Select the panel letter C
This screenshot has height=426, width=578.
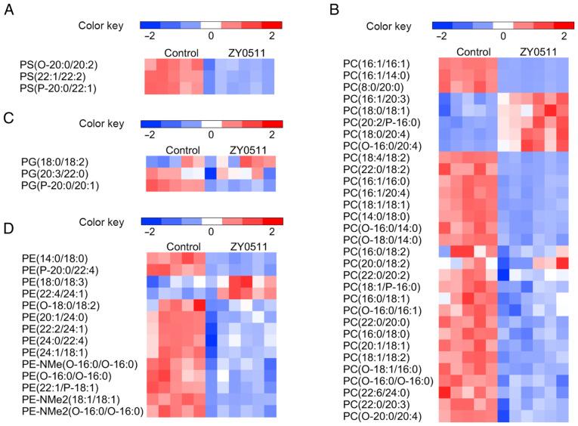click(10, 118)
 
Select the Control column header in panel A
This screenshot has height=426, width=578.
click(183, 53)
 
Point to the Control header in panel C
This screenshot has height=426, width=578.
click(183, 150)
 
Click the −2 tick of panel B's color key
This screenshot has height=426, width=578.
click(441, 36)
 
